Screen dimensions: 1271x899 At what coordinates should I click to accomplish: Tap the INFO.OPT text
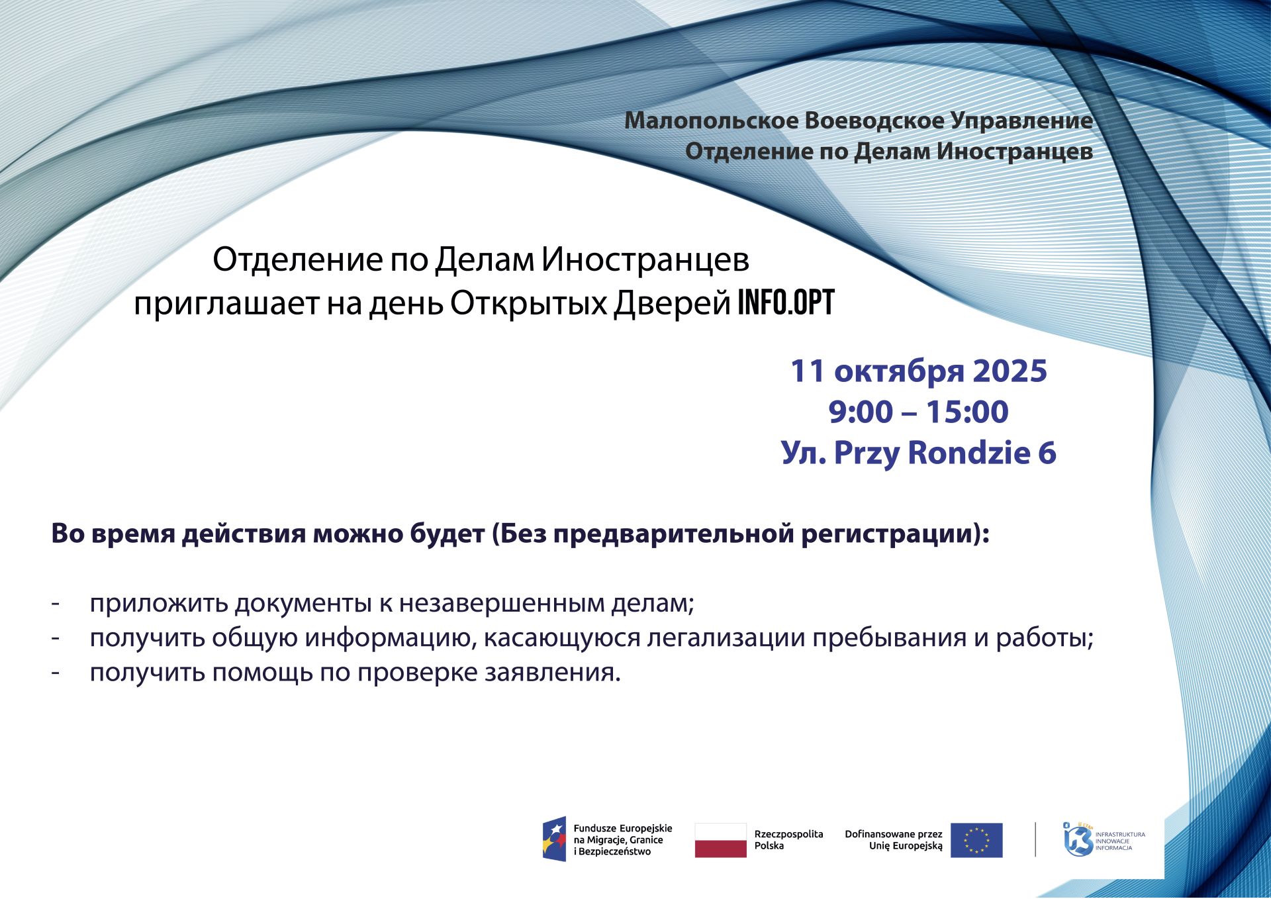(786, 303)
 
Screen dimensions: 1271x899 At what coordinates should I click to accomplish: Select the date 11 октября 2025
(919, 371)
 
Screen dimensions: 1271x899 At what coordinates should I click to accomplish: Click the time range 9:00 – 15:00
(919, 412)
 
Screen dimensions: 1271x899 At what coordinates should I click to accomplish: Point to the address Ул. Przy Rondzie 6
(919, 453)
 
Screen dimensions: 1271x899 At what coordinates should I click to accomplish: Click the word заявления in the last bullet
(553, 673)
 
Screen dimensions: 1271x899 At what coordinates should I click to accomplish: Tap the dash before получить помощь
(56, 672)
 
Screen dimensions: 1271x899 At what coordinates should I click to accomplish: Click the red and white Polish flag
(720, 840)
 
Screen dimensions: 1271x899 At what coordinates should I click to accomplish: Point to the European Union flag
(976, 840)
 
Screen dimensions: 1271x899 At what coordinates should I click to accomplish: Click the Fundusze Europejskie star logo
(555, 839)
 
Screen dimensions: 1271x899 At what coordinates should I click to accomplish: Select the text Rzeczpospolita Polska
(788, 839)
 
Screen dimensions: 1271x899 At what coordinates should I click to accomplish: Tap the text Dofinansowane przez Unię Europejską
(894, 839)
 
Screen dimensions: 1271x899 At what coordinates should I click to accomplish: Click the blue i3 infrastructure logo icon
(1078, 839)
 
